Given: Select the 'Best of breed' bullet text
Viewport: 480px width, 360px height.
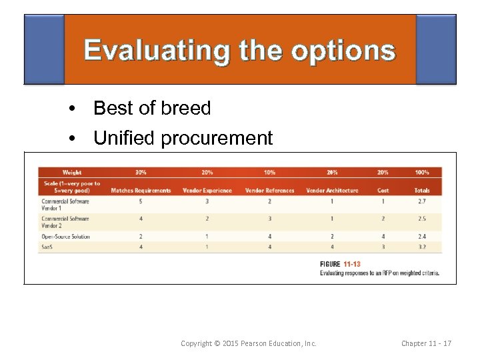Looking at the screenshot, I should pos(152,108).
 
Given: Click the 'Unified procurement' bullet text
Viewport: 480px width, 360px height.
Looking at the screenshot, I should pos(183,138).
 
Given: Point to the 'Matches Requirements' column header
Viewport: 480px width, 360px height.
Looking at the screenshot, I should pos(141,191).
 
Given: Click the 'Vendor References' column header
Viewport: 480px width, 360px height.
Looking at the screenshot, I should pos(269,191).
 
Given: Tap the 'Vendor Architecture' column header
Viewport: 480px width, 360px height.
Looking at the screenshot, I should pos(332,191).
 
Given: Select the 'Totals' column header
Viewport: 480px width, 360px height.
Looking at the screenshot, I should pos(421,191).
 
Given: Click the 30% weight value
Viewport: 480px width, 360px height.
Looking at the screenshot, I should pos(141,173).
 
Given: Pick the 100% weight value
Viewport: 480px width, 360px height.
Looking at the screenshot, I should pos(421,173).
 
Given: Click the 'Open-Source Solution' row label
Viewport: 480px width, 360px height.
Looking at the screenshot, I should pos(65,237).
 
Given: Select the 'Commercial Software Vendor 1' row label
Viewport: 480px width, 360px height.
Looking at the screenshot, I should pos(65,204).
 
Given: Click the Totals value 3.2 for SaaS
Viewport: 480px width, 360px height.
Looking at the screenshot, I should pos(421,247).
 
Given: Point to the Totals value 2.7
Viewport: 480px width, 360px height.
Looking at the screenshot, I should pos(421,201).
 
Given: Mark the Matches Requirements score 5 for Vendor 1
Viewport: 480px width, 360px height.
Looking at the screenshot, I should pos(141,201).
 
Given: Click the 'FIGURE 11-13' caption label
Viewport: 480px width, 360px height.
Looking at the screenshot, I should pos(340,264).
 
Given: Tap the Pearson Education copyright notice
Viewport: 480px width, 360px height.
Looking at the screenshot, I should pos(249,343).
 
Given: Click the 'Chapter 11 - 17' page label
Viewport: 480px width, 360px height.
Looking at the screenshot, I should pos(426,343).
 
